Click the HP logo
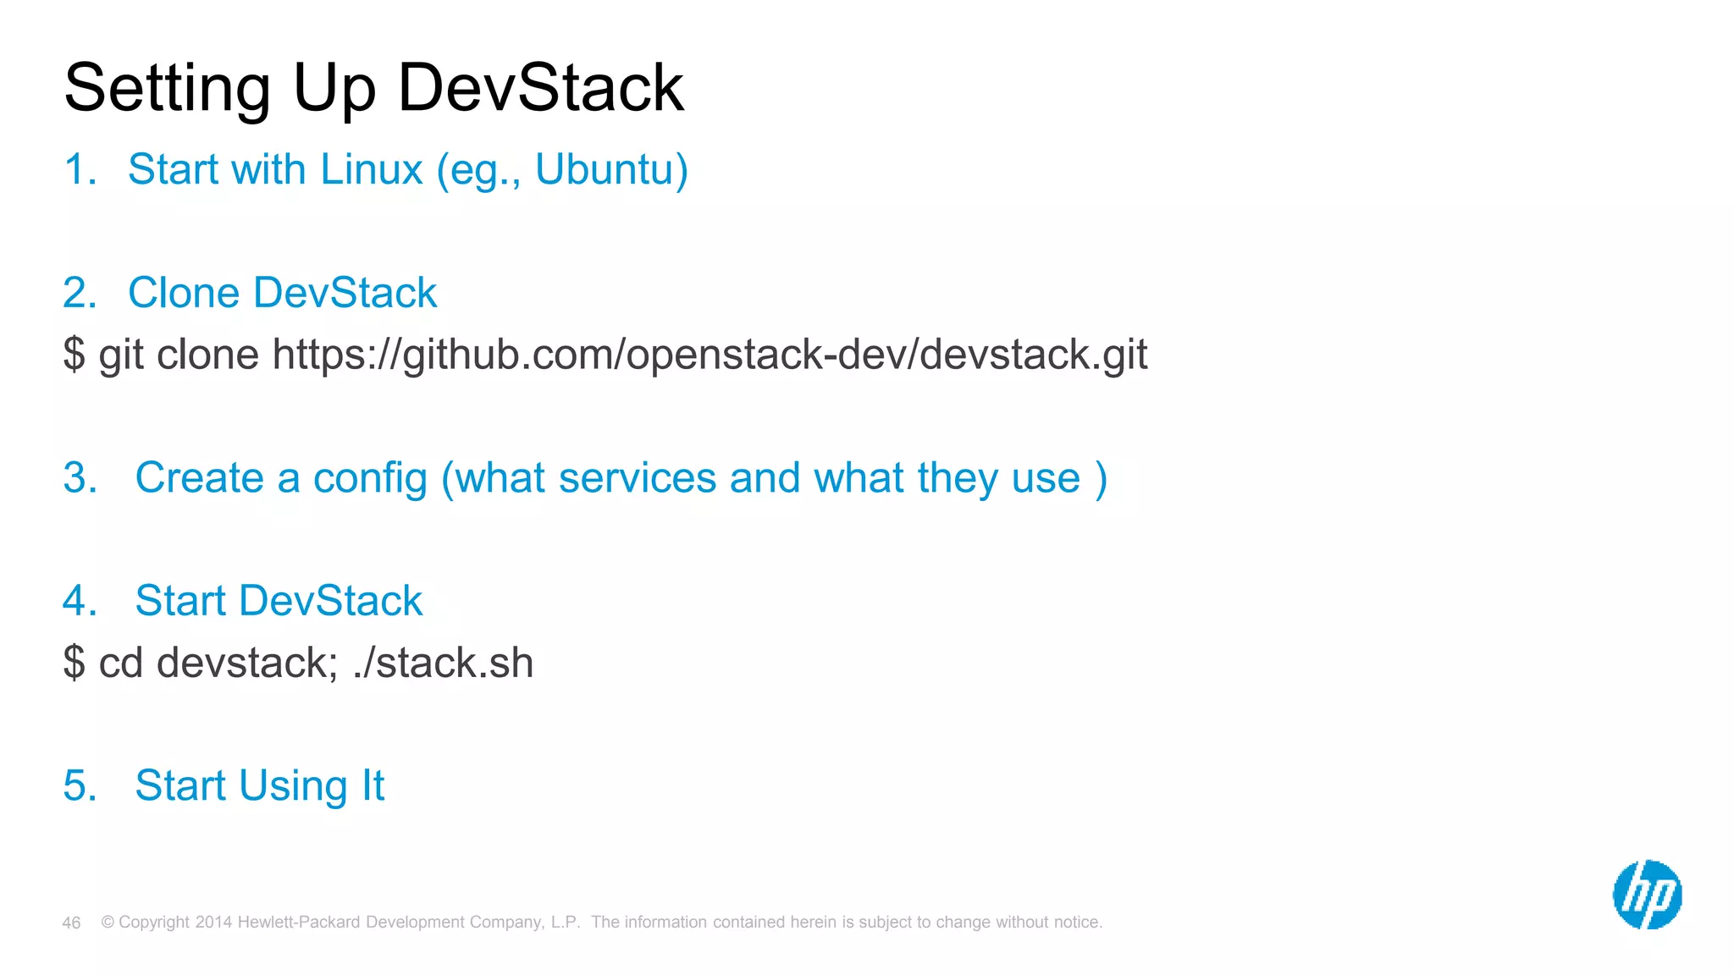tap(1647, 895)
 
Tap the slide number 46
tap(71, 923)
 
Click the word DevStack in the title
tap(540, 87)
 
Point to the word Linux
tap(371, 169)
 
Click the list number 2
tap(79, 293)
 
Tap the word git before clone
tap(120, 355)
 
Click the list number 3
tap(79, 478)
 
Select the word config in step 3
tap(370, 479)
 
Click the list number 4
tap(79, 601)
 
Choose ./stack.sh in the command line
tap(443, 662)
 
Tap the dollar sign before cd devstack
tap(74, 662)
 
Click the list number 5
tap(79, 785)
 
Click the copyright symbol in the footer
tap(108, 922)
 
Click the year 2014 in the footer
tap(213, 922)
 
